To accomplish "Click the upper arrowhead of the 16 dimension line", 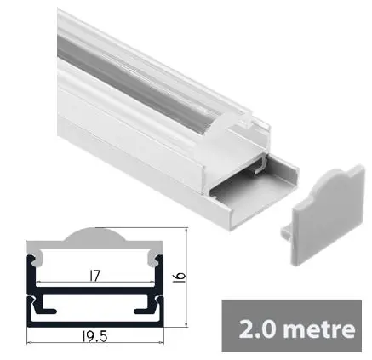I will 185,231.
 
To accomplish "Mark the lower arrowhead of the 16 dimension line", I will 185,326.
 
